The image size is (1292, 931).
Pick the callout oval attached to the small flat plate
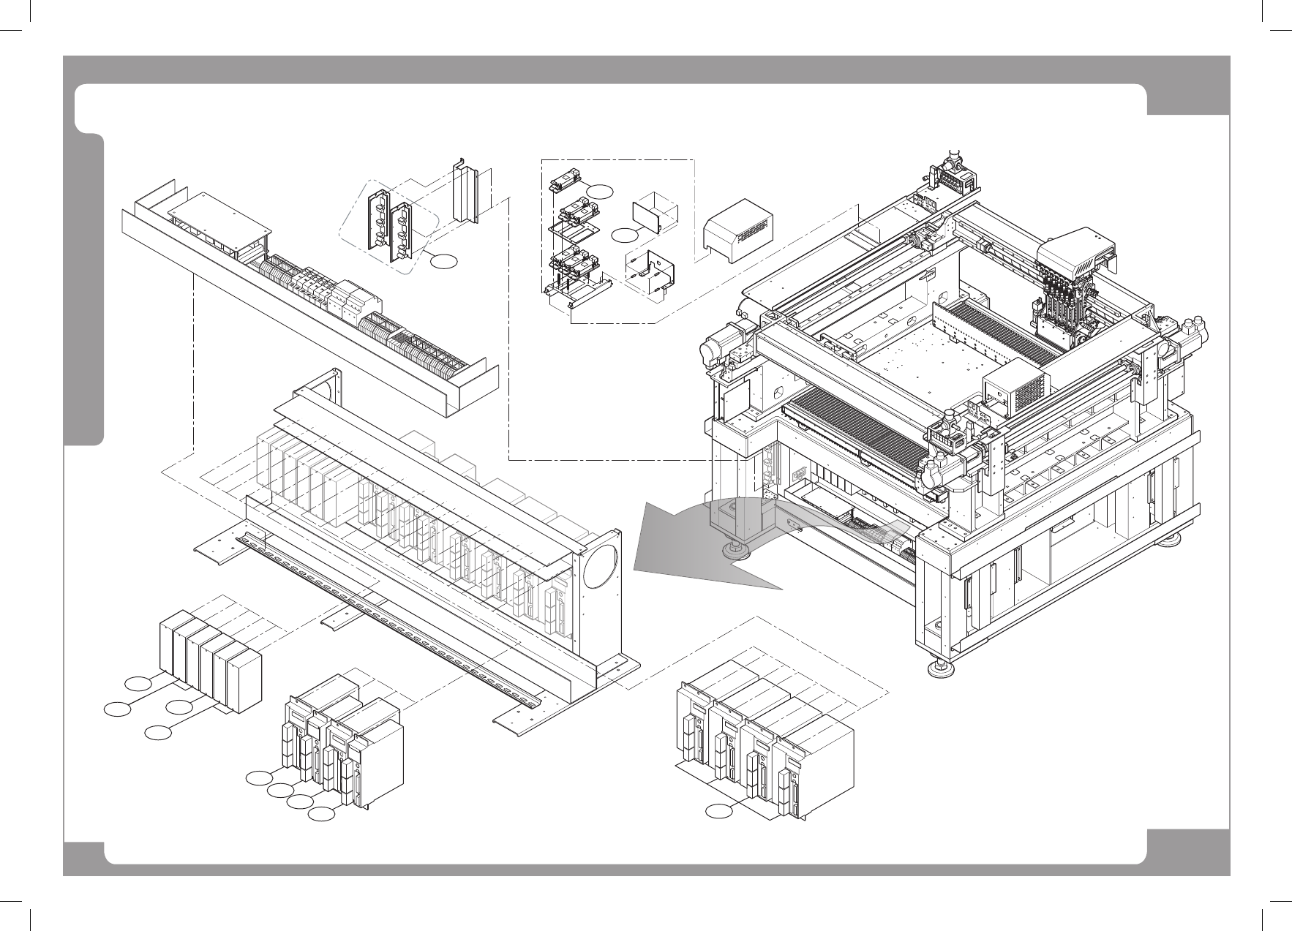(x=624, y=235)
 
